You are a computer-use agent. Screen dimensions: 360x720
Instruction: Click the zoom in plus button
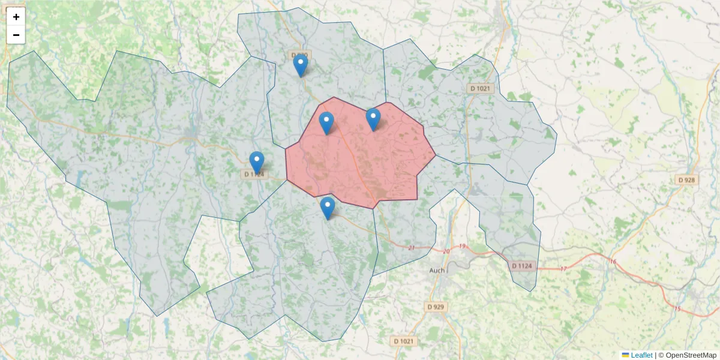click(x=16, y=17)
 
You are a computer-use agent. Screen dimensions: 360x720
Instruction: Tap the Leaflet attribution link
click(x=641, y=355)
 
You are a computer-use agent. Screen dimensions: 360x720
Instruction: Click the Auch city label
click(x=437, y=271)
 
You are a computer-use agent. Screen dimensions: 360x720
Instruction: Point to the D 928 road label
click(x=686, y=180)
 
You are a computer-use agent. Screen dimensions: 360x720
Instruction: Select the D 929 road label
click(x=436, y=307)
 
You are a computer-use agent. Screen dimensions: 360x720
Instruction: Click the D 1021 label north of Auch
click(x=480, y=89)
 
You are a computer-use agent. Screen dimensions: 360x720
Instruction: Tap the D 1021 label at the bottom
click(x=404, y=341)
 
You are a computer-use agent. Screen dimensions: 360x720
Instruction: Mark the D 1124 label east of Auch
click(x=521, y=265)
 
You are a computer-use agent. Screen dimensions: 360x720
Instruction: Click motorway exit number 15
click(x=677, y=309)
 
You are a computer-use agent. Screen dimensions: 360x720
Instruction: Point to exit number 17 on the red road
click(x=563, y=269)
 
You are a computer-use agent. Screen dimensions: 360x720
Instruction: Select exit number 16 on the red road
click(x=613, y=262)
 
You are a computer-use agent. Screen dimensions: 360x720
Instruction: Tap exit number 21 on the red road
click(x=411, y=248)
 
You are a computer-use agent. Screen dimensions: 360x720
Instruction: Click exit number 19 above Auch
click(x=463, y=247)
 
